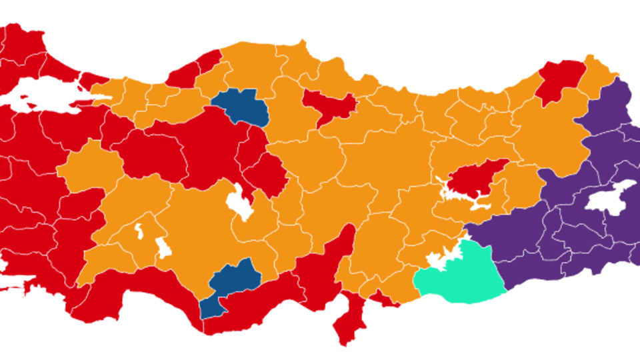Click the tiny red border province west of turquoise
[385, 298]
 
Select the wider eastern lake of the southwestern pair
[163, 247]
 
